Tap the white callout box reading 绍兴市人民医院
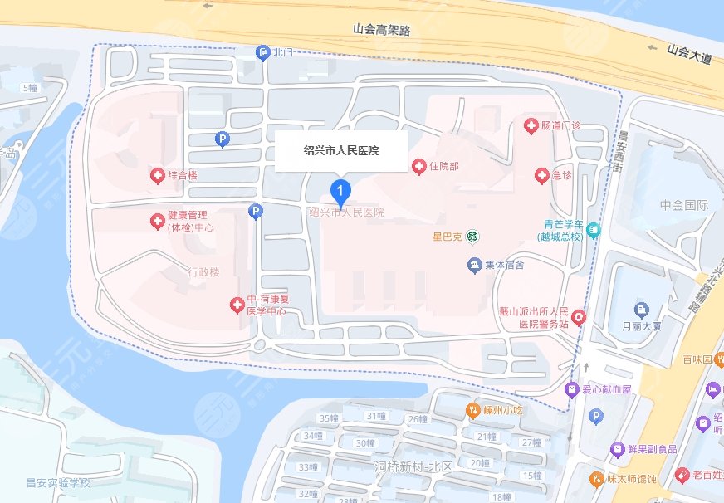[340, 151]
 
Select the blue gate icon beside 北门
[263, 53]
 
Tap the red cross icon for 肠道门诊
[531, 126]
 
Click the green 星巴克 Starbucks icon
[472, 237]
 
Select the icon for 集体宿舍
[474, 266]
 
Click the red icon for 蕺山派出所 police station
[579, 317]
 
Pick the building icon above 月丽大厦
[641, 310]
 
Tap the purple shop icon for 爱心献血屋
[571, 388]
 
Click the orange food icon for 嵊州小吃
[472, 409]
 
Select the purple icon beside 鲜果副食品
[617, 449]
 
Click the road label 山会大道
[689, 49]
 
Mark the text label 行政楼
[203, 271]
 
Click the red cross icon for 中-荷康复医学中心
[236, 305]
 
